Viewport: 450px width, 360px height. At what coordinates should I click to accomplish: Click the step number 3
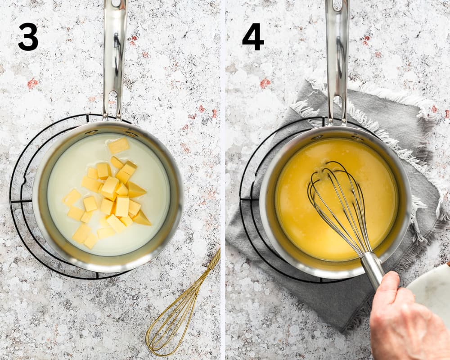28,37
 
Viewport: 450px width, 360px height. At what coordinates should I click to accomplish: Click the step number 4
253,37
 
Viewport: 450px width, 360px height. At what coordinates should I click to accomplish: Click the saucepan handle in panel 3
114,58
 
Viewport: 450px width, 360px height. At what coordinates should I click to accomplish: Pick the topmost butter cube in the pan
119,145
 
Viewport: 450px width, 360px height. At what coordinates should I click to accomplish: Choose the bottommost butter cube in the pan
91,241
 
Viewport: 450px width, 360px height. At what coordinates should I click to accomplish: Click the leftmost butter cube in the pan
72,198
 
